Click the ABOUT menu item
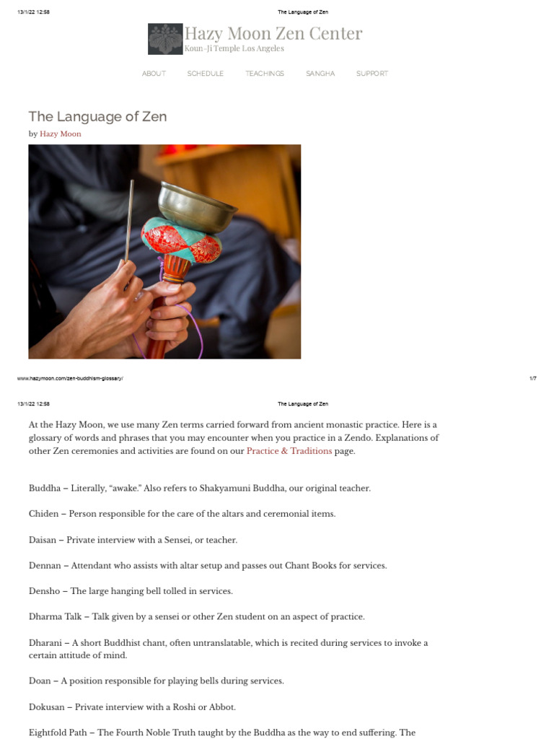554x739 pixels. coord(154,74)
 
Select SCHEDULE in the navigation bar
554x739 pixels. coord(206,74)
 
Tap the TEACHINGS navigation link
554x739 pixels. coord(265,74)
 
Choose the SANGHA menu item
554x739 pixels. coord(320,74)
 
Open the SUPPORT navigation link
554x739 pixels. coord(372,74)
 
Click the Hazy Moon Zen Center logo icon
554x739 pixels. coord(165,39)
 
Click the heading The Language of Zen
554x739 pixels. coord(97,117)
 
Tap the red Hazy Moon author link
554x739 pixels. coord(61,134)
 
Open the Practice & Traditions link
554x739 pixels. coord(289,451)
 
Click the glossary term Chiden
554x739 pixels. coord(43,514)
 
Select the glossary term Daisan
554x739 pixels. coord(43,540)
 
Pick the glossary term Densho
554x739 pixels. coord(44,591)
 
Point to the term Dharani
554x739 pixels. coord(45,643)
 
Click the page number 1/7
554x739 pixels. coord(532,378)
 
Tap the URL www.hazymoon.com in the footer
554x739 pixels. coord(70,378)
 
